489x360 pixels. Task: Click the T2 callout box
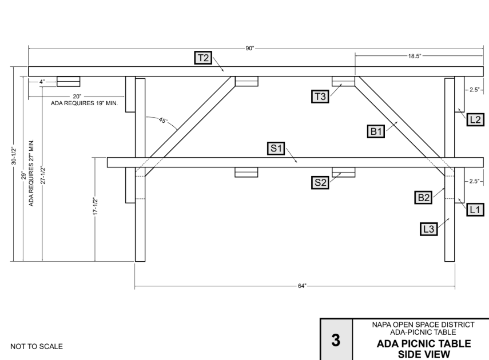pos(203,57)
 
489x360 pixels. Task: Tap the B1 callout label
pos(376,131)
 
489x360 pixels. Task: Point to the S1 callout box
pos(277,149)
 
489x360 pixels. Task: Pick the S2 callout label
pos(321,183)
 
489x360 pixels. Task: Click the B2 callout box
pos(424,198)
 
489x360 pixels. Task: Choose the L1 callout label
pos(475,210)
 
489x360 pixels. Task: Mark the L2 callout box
pos(475,119)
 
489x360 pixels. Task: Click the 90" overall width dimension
pos(250,49)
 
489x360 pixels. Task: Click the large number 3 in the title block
pos(337,339)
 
